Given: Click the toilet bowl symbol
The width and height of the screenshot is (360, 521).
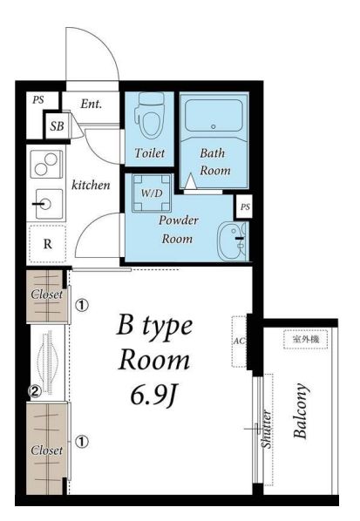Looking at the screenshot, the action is tap(150, 115).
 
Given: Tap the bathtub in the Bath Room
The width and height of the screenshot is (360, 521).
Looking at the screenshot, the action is tap(214, 115).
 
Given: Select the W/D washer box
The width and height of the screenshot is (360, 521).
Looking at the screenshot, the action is tap(152, 193).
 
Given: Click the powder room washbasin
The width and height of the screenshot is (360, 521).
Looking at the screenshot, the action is tap(233, 240).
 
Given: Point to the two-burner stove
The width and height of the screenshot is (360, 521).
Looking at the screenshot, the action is tap(46, 164).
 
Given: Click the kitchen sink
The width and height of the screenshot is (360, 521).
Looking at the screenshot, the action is tap(49, 204).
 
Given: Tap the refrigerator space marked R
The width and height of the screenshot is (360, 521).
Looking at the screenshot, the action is tap(47, 244).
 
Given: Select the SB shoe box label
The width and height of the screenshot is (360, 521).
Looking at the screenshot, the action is tap(58, 126).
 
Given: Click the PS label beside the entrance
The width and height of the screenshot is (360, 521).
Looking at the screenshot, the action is tap(38, 99).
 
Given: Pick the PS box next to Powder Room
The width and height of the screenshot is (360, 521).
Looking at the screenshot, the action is tap(245, 207).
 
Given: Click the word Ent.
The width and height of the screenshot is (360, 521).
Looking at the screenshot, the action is tap(91, 104).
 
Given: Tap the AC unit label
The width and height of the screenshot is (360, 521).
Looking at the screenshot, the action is tap(239, 341).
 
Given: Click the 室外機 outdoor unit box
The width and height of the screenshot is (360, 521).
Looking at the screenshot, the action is tap(306, 339).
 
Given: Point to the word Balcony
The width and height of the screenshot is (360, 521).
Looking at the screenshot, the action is tap(300, 411).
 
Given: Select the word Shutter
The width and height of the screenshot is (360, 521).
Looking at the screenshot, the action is tap(267, 429).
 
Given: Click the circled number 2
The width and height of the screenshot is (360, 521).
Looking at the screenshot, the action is tap(35, 391).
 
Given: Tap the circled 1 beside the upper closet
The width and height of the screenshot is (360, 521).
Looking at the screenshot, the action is tap(82, 305).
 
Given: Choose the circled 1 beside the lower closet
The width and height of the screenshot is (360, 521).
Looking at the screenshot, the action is tap(82, 442).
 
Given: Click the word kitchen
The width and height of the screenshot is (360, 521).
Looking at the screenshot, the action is tap(91, 185).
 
